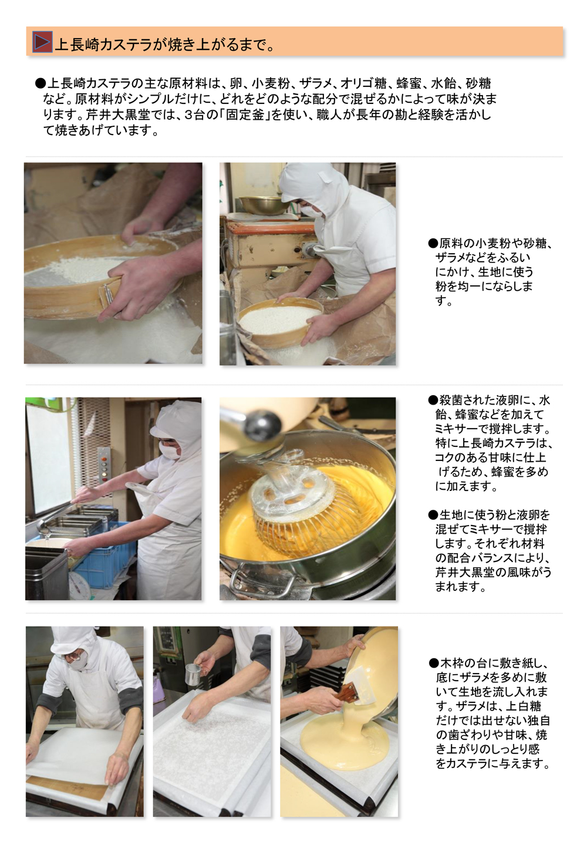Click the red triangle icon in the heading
pyautogui.click(x=42, y=42)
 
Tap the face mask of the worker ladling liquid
pyautogui.click(x=169, y=451)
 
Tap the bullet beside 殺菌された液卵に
pyautogui.click(x=433, y=401)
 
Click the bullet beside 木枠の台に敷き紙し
pyautogui.click(x=433, y=664)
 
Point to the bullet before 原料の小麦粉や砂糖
pyautogui.click(x=433, y=244)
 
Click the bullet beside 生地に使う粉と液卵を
pyautogui.click(x=433, y=515)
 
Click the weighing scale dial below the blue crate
pyautogui.click(x=78, y=584)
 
